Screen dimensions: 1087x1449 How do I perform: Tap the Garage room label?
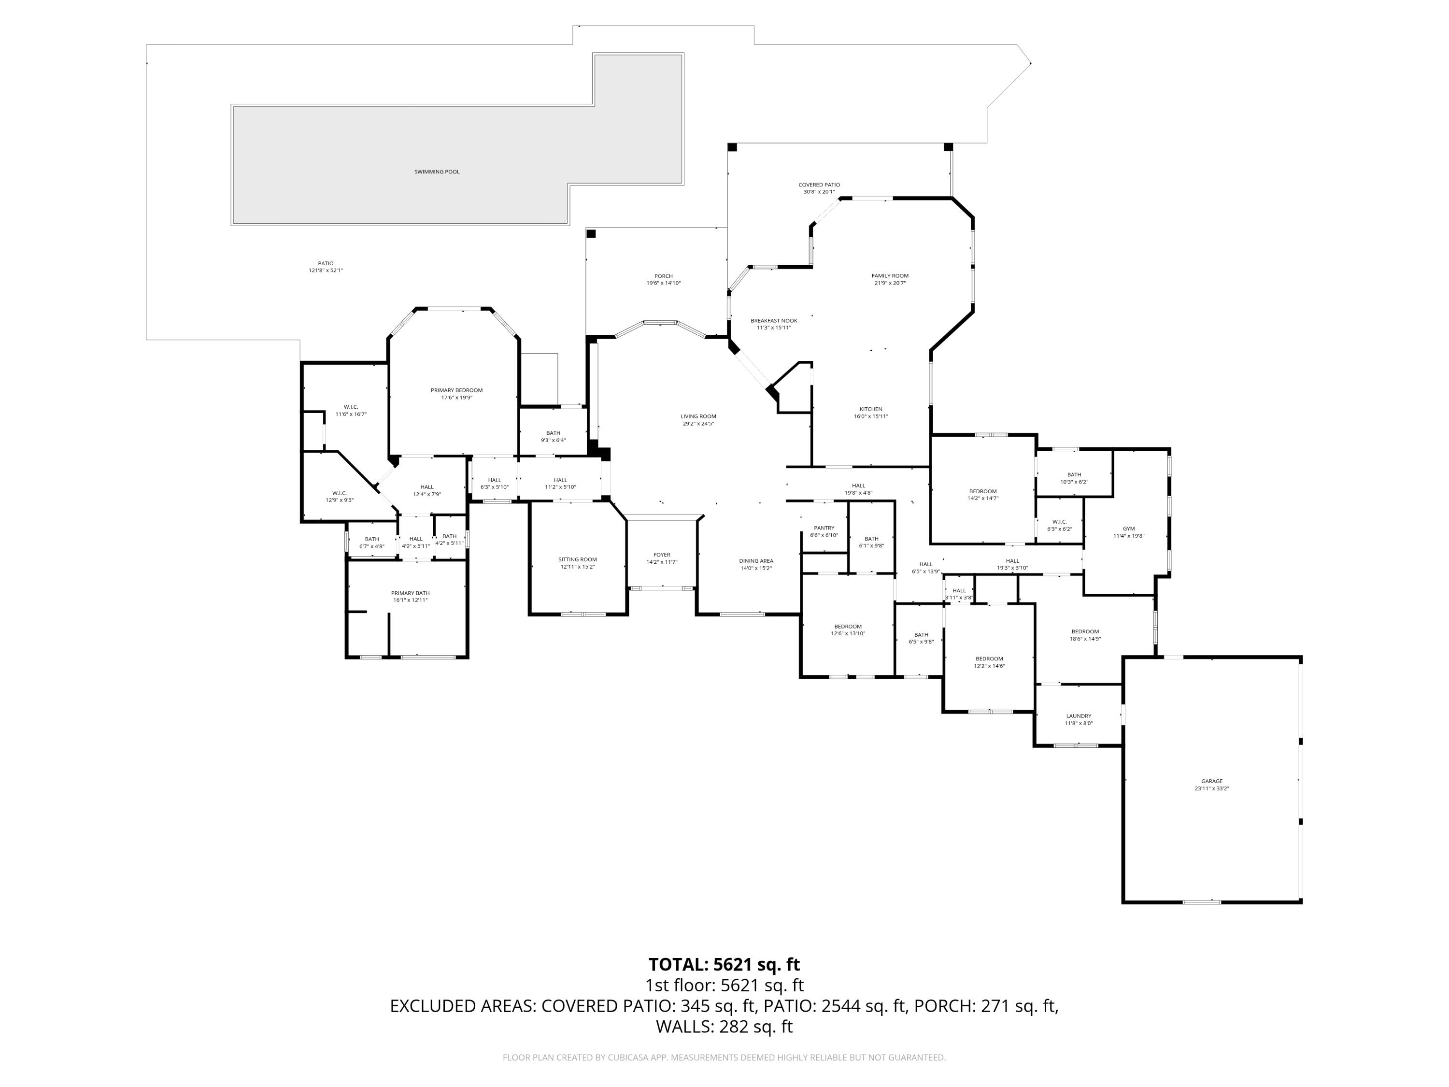click(x=1211, y=781)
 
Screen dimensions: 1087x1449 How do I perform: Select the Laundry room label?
click(x=1078, y=716)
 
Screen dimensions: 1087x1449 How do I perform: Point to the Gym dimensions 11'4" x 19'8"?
click(x=1128, y=536)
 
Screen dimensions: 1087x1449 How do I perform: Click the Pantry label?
click(x=824, y=528)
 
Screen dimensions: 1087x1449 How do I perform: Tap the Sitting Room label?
click(x=577, y=559)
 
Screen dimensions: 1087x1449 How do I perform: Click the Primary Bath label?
click(x=410, y=593)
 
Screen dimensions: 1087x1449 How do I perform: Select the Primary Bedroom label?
click(x=456, y=390)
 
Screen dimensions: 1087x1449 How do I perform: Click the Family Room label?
click(x=890, y=276)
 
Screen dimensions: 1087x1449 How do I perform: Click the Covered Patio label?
click(x=819, y=185)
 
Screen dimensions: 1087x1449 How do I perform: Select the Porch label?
click(x=664, y=276)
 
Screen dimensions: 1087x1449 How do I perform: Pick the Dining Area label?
click(x=756, y=561)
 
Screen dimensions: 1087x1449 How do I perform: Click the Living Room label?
click(x=698, y=416)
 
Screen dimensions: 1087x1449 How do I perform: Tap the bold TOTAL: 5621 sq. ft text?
click(x=724, y=964)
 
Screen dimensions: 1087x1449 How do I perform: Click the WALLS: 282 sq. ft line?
click(x=724, y=1027)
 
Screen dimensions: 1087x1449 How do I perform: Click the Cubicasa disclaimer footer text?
click(x=724, y=1058)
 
